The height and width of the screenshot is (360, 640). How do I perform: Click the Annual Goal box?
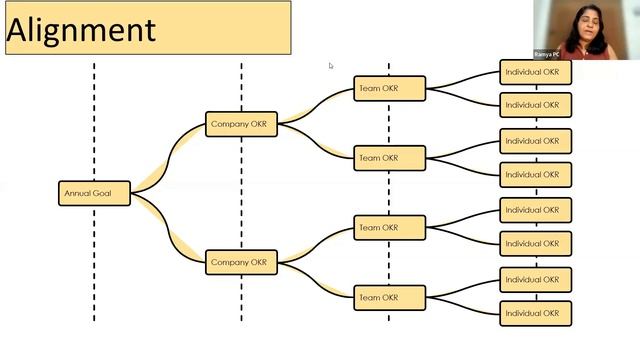click(94, 193)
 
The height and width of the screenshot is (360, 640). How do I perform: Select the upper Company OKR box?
click(241, 124)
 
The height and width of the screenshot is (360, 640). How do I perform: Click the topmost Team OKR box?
click(389, 89)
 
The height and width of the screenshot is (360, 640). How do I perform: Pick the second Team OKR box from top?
click(389, 158)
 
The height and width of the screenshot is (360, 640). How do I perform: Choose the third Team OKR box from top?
click(389, 228)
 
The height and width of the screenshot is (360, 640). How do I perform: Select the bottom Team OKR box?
click(389, 297)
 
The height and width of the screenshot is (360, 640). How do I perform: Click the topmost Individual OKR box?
click(536, 72)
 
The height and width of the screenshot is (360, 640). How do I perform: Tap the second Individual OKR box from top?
click(536, 105)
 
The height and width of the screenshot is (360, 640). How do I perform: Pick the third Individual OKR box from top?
click(536, 141)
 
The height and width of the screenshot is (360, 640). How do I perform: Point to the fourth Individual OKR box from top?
click(536, 175)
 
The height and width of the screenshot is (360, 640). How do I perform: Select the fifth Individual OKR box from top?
click(536, 210)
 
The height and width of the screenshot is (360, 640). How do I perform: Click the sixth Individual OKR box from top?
click(536, 244)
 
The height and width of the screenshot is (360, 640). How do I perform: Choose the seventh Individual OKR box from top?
click(536, 279)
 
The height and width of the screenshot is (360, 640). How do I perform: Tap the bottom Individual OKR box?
click(536, 313)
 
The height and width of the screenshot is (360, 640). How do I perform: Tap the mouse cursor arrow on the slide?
click(330, 66)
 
